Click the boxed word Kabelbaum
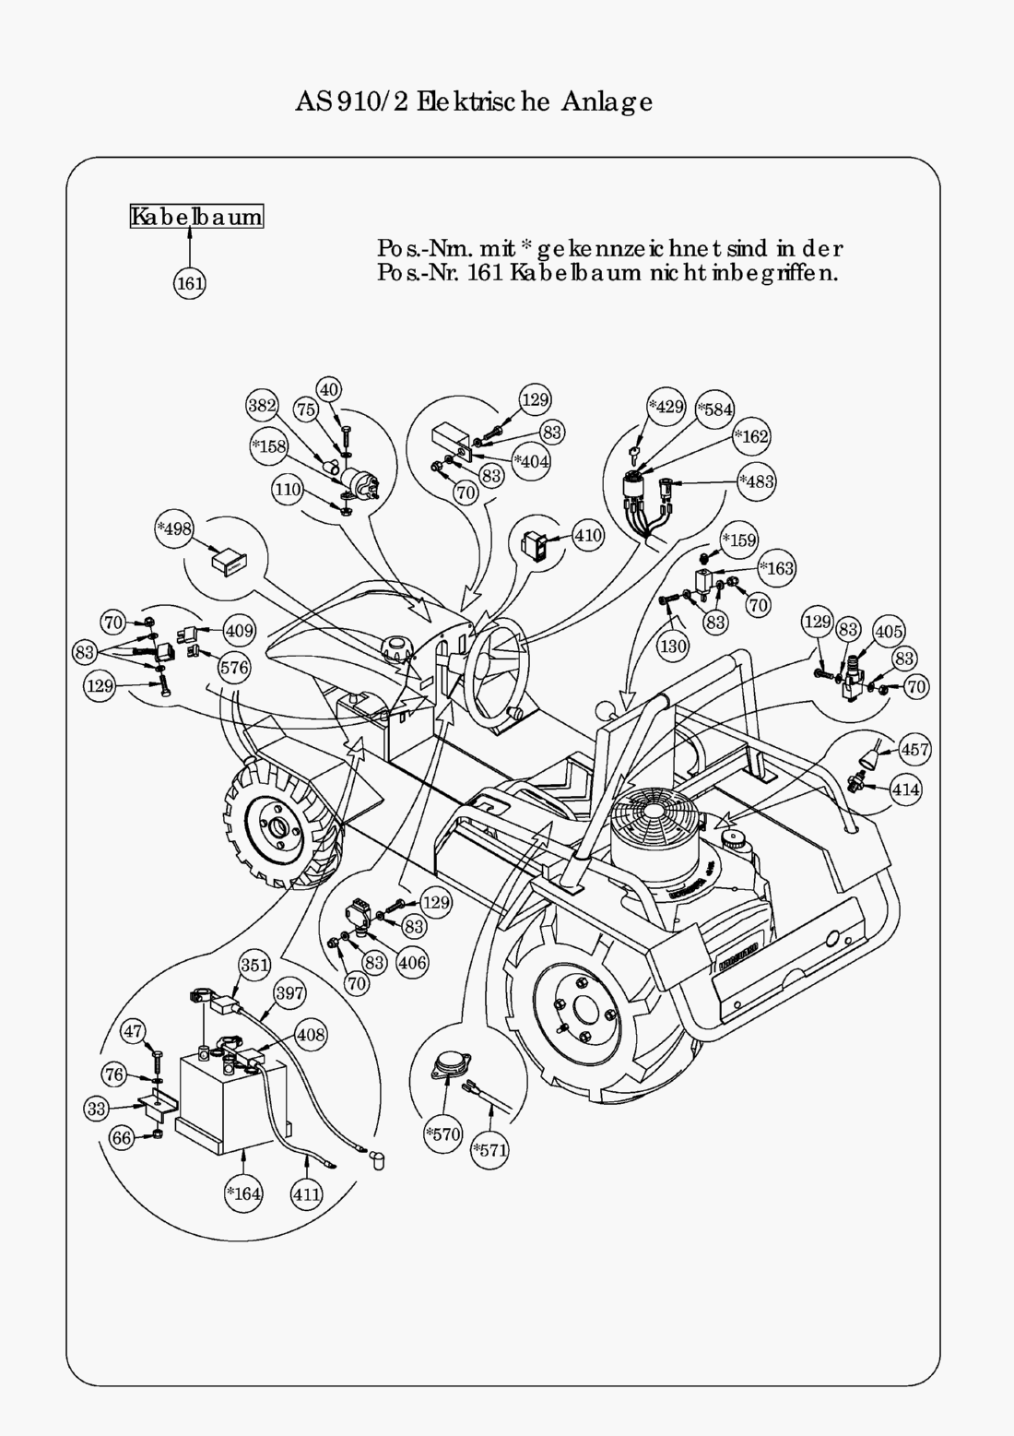(196, 217)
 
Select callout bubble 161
(190, 282)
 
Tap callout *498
(174, 528)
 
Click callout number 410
(587, 535)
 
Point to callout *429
(666, 406)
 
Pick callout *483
(757, 481)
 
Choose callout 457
(914, 749)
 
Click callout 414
(905, 789)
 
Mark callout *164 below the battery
(244, 1193)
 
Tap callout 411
(307, 1194)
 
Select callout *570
(443, 1133)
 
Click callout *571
(489, 1150)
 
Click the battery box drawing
(226, 1102)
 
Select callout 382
(263, 405)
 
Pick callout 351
(254, 965)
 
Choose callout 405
(889, 631)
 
